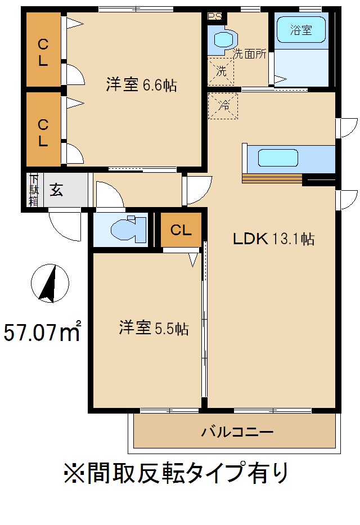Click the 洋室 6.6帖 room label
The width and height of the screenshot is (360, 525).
(142, 86)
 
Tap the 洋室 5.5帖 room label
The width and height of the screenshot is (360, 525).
(153, 328)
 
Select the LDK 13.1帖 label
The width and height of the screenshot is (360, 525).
(273, 239)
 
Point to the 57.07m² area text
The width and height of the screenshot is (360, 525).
(43, 332)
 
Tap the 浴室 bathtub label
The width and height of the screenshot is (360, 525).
(301, 30)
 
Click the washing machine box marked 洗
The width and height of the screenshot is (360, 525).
(222, 71)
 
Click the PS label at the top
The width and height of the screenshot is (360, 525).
(214, 16)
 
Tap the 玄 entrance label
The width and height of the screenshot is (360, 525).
(56, 190)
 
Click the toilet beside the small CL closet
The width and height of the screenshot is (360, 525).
(125, 229)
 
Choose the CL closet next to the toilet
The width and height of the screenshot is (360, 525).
(181, 230)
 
